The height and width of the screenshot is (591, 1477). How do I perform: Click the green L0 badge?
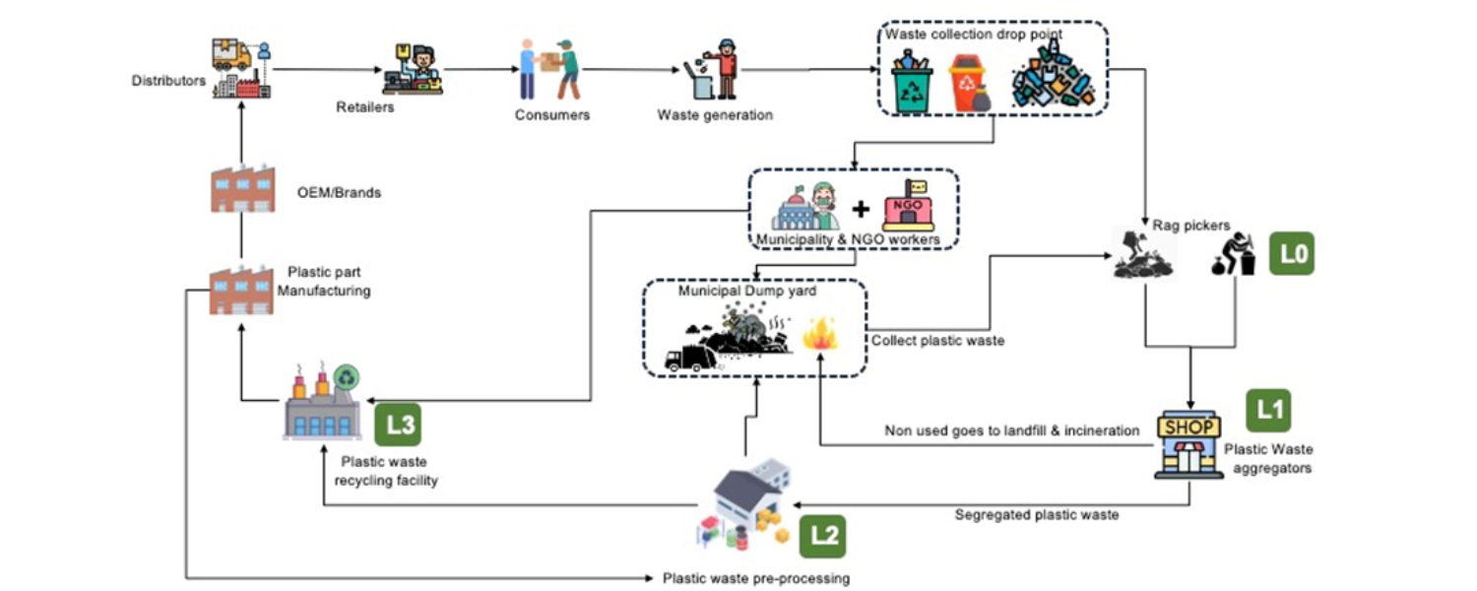1291,255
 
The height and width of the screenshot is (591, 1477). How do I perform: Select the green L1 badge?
1267,411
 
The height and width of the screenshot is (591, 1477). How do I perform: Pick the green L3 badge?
400,427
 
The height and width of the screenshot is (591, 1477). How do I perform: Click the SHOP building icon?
1189,444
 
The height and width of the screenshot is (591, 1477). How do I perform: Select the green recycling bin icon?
911,84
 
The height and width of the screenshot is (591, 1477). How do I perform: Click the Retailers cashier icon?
415,69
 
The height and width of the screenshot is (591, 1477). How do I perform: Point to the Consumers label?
551,115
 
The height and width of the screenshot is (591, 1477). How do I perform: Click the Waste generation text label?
715,115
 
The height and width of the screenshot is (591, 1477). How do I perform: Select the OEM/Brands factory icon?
241,190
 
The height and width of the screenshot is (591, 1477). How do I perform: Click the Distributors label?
168,81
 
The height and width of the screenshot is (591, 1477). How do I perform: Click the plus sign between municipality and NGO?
861,209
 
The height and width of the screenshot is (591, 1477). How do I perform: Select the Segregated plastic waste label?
1036,514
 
